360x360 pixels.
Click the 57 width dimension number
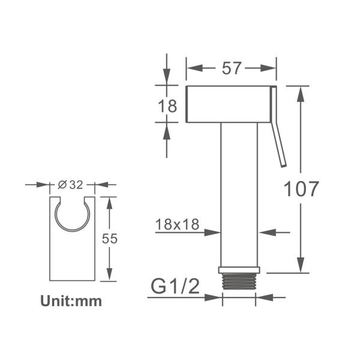click(x=231, y=68)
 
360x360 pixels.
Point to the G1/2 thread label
click(x=175, y=287)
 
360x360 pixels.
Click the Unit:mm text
click(x=71, y=301)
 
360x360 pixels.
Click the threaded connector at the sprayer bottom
click(x=240, y=282)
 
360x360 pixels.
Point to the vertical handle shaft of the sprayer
click(x=239, y=192)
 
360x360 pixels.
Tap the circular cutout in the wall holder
click(x=72, y=213)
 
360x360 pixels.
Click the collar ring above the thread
click(x=240, y=270)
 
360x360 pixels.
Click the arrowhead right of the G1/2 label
click(x=265, y=296)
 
